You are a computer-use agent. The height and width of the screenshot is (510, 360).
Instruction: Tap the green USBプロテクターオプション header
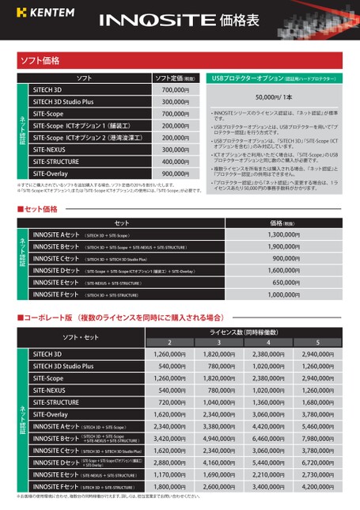pos(274,78)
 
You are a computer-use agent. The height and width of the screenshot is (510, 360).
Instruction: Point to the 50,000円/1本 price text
pos(274,97)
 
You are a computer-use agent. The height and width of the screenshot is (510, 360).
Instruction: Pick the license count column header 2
pos(169,342)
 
